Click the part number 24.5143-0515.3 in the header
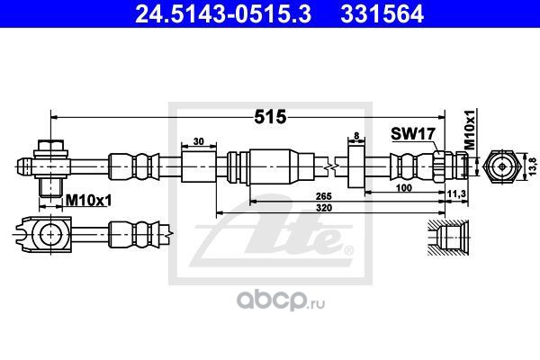(x=223, y=13)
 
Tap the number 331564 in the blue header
(x=382, y=13)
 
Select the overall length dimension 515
(x=270, y=117)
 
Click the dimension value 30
(x=199, y=141)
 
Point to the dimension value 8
(x=356, y=136)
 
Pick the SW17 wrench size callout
(x=413, y=134)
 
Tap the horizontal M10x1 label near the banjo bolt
(x=88, y=200)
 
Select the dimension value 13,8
(x=533, y=166)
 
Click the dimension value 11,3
(x=456, y=194)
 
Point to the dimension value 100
(x=403, y=188)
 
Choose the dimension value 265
(x=324, y=196)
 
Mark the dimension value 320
(x=324, y=208)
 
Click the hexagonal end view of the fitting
(x=502, y=166)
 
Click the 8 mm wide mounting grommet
(x=356, y=166)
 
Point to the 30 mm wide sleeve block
(x=199, y=166)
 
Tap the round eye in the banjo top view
(x=51, y=234)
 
